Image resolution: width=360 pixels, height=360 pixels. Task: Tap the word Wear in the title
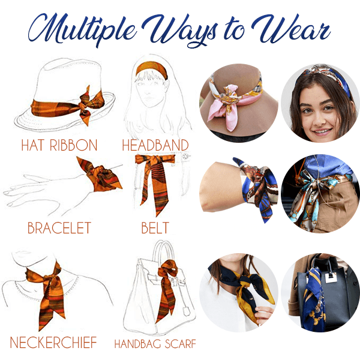tap(291, 29)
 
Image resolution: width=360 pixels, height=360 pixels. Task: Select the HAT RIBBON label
tap(59, 145)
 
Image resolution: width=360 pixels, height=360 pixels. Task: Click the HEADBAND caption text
tap(155, 145)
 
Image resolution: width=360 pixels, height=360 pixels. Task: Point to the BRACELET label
tap(59, 228)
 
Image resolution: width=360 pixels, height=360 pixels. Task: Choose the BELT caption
tap(155, 228)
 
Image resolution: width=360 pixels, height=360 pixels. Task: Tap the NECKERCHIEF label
tap(53, 343)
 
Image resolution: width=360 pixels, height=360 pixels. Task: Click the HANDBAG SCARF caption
tap(155, 344)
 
